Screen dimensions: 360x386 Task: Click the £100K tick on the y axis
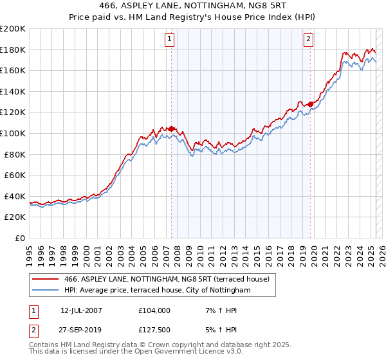click(13, 133)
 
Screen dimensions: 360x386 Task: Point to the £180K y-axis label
click(13, 50)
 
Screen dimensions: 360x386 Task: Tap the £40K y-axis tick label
click(15, 196)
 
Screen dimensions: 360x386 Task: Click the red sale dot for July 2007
click(171, 129)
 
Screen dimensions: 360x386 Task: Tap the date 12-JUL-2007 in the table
click(81, 310)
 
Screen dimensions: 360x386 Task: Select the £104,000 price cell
click(154, 310)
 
